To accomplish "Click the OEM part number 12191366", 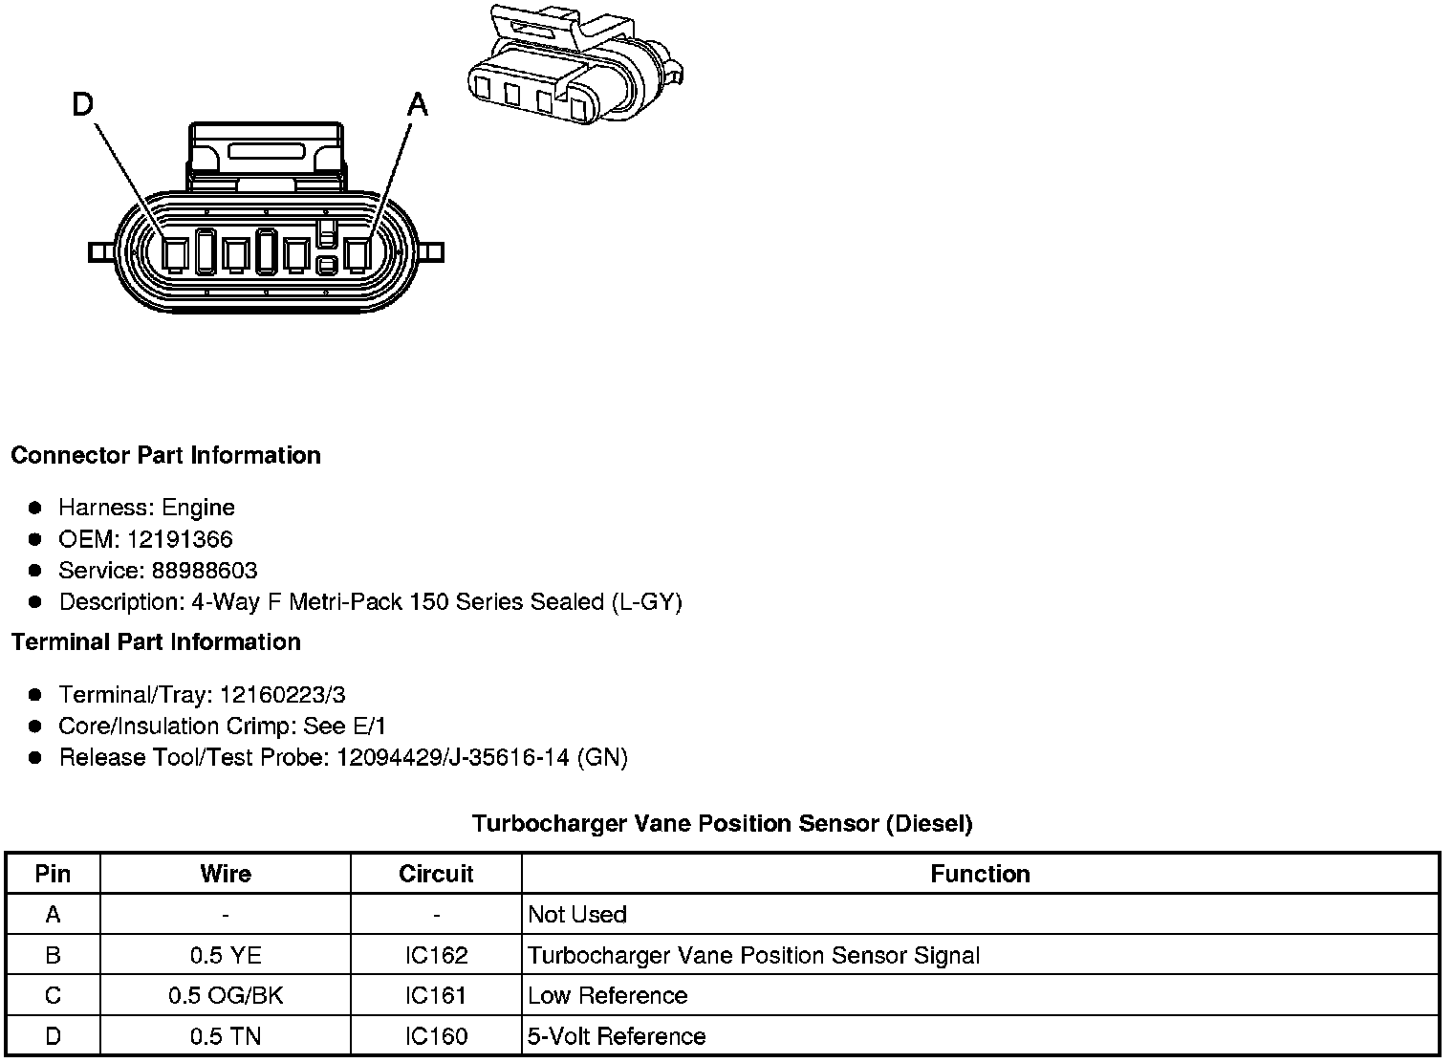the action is click(180, 539).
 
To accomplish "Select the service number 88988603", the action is click(205, 571).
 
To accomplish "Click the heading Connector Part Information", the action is click(165, 455).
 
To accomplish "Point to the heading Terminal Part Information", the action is click(156, 641).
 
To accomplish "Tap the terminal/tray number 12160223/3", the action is click(282, 694).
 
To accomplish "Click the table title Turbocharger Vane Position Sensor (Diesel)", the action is click(722, 823).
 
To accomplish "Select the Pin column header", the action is click(53, 874).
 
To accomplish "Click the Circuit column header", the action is click(436, 874).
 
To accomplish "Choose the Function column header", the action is click(980, 874).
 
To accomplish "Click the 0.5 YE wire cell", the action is click(226, 955).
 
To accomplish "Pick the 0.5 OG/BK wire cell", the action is click(226, 995).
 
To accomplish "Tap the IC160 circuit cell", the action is click(436, 1036).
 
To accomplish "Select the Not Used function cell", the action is click(577, 915).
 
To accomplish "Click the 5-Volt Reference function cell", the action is click(617, 1036).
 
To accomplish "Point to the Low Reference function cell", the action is click(608, 995).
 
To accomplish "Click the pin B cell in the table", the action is click(53, 955).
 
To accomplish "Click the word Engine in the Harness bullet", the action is click(198, 508).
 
